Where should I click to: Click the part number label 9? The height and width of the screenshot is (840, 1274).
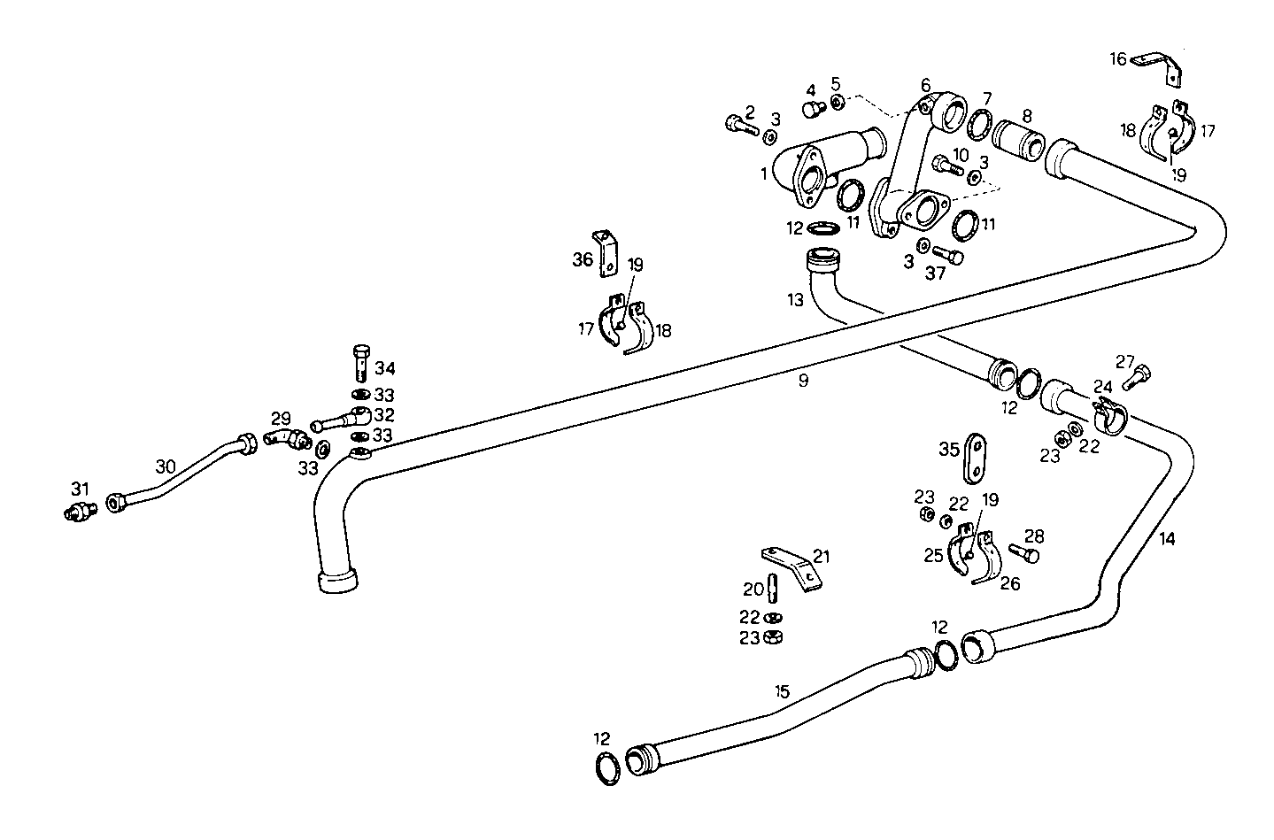pyautogui.click(x=803, y=381)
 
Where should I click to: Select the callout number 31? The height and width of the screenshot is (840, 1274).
pyautogui.click(x=81, y=488)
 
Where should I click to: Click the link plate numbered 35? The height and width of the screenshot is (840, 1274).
pyautogui.click(x=975, y=459)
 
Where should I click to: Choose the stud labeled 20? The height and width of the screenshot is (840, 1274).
pyautogui.click(x=772, y=587)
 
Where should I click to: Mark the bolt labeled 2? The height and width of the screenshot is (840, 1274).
pyautogui.click(x=737, y=127)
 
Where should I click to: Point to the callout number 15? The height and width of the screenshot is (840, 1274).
pyautogui.click(x=781, y=690)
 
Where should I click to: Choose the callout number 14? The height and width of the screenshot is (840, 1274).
pyautogui.click(x=1167, y=539)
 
